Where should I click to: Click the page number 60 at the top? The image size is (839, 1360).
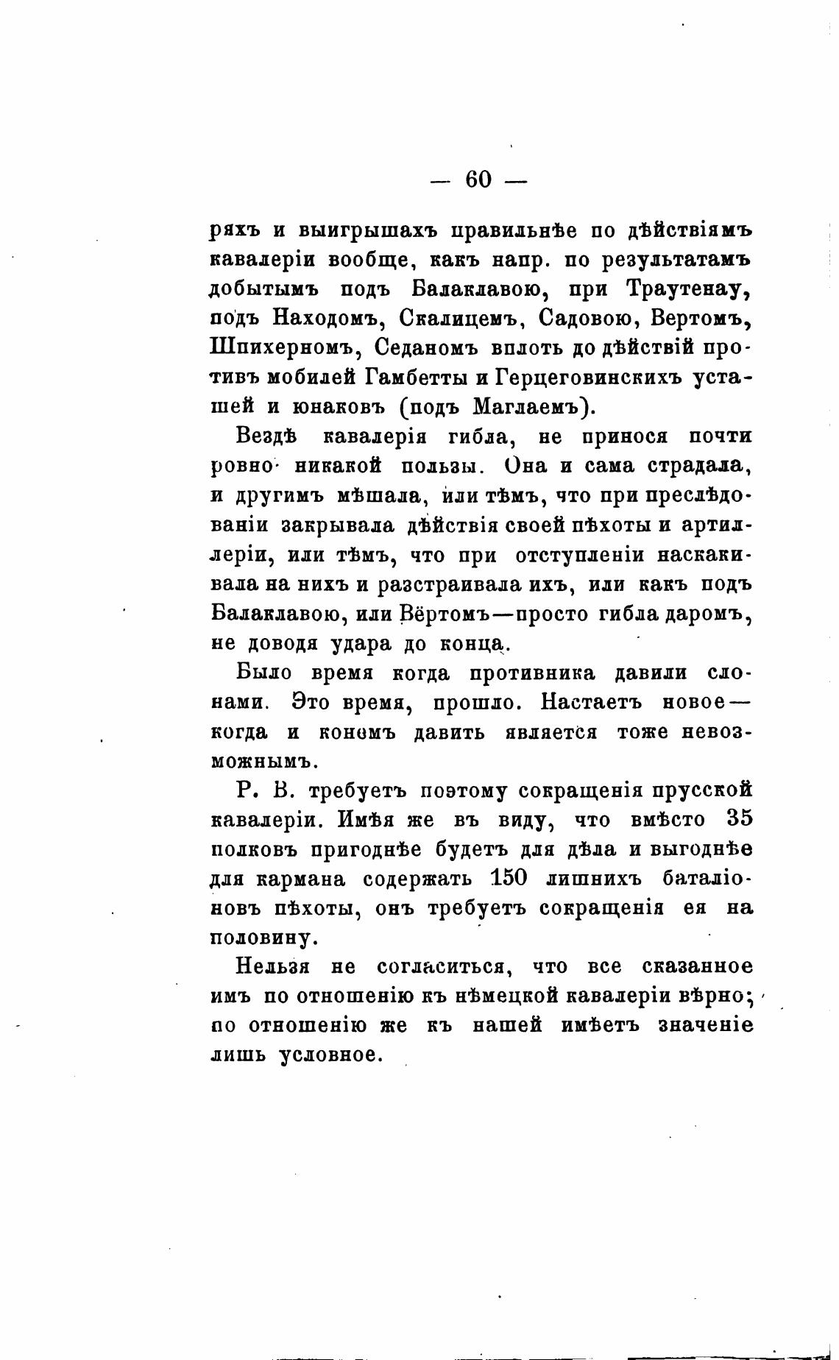click(478, 179)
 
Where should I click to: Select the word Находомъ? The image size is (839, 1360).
click(325, 318)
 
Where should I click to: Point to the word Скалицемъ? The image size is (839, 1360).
click(456, 318)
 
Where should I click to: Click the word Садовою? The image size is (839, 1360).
click(586, 318)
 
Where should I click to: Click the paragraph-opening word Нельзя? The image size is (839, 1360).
click(274, 966)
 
